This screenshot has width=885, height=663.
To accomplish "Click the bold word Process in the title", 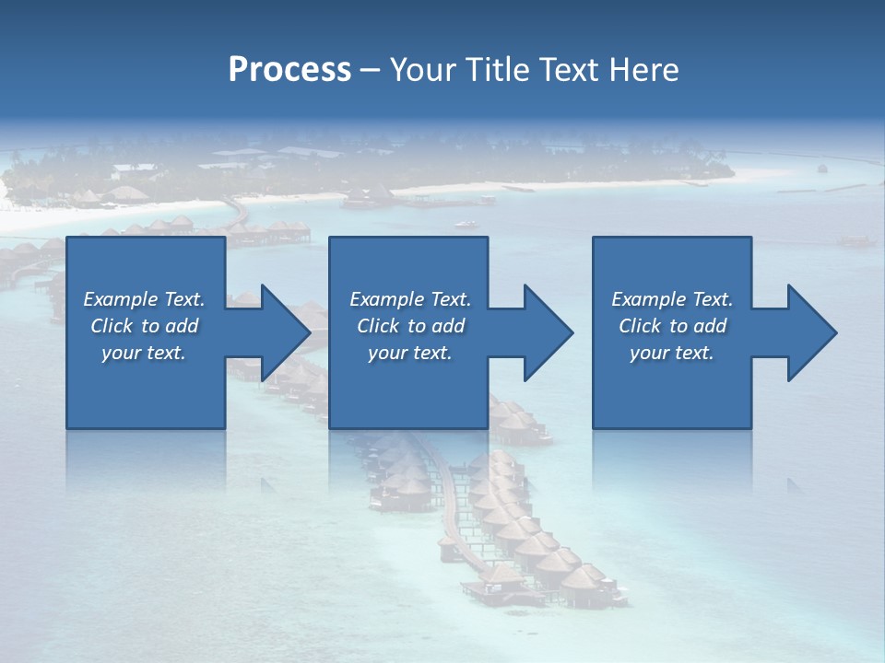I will [x=289, y=70].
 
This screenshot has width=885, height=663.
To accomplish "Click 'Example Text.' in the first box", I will [x=144, y=299].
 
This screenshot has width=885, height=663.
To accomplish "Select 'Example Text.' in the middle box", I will [x=410, y=299].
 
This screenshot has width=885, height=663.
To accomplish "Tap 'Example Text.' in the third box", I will [x=672, y=299].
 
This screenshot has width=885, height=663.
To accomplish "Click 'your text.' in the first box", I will [x=144, y=353].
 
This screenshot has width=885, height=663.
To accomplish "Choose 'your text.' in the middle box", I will [x=410, y=353].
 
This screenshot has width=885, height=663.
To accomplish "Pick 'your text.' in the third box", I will [x=672, y=353].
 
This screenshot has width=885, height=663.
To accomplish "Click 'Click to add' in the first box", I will [x=144, y=326].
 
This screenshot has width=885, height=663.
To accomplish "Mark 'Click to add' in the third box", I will [x=672, y=326].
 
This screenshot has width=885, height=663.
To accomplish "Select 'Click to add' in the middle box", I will [x=410, y=326].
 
